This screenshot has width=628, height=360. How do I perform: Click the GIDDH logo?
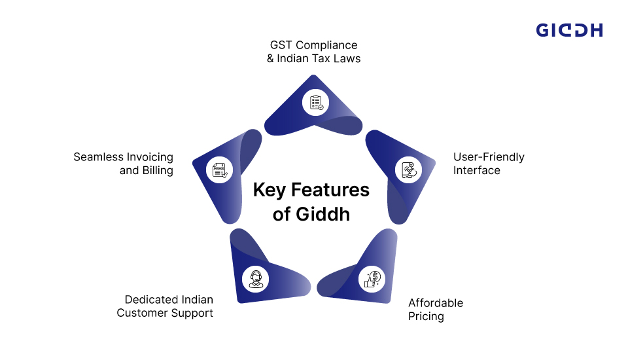tap(569, 29)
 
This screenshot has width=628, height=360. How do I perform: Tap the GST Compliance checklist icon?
tap(316, 103)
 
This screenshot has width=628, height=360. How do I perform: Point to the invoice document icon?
tap(219, 170)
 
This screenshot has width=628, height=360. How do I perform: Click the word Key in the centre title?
tap(270, 190)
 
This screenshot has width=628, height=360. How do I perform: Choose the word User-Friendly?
tap(489, 157)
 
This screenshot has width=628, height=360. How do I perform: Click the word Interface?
tap(477, 170)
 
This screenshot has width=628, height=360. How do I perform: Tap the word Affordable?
tap(436, 303)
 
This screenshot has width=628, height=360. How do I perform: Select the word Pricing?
tap(426, 316)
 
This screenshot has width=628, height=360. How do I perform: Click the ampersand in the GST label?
tap(271, 58)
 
